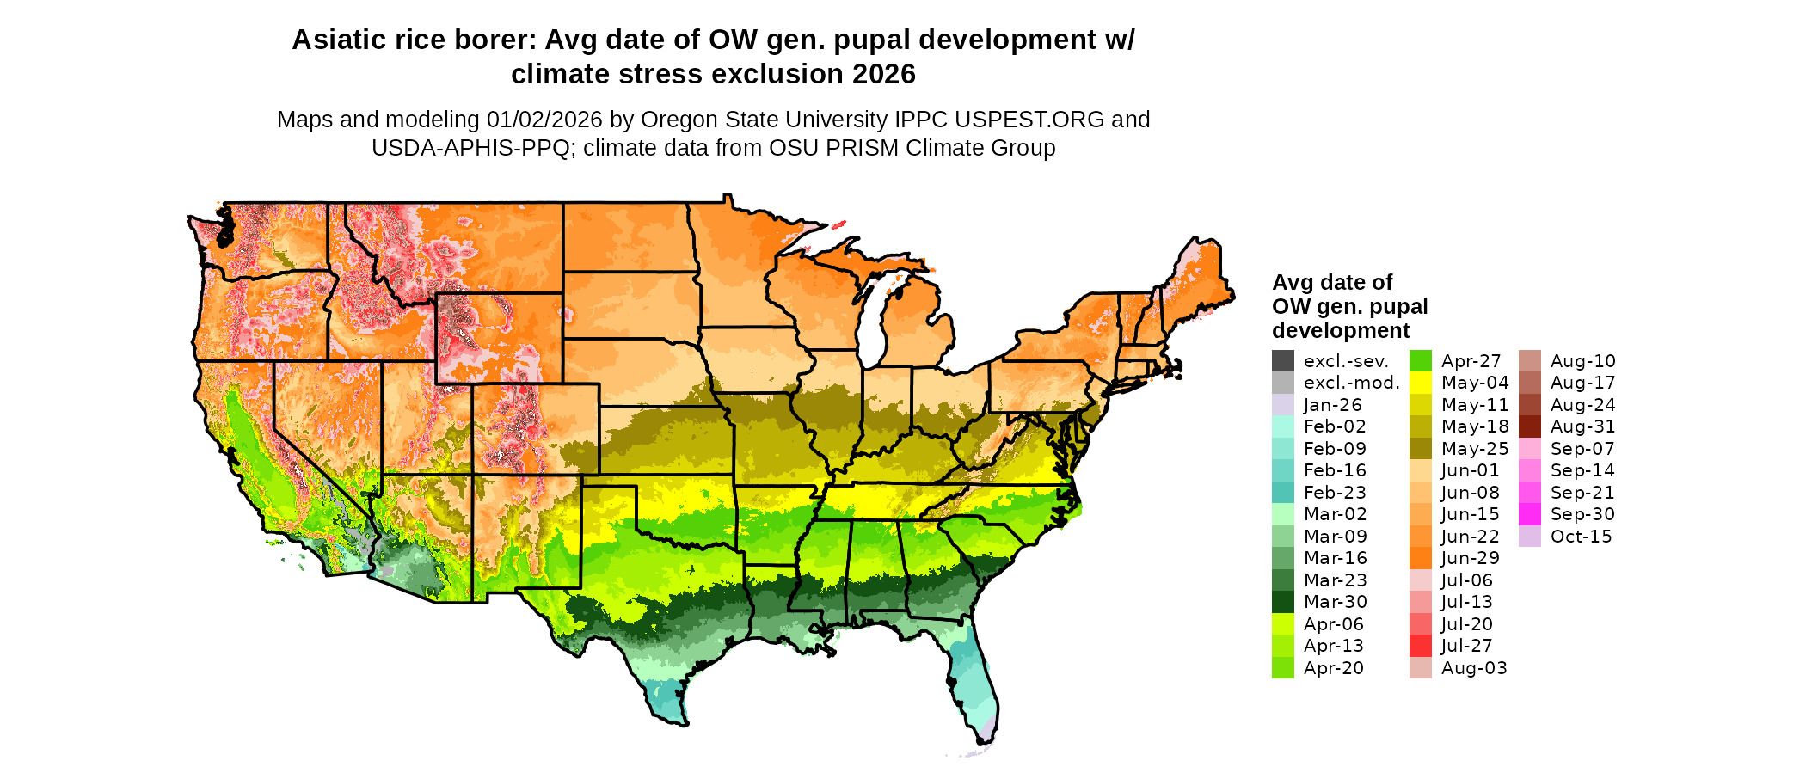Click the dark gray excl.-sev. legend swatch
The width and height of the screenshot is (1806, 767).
tap(1282, 361)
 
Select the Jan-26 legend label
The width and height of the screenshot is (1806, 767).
tap(1332, 405)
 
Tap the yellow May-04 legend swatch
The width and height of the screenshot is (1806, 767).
tap(1420, 383)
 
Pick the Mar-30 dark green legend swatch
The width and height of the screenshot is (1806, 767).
tap(1282, 602)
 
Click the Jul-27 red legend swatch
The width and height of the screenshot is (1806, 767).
tap(1420, 646)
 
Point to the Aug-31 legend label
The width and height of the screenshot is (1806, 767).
tap(1582, 426)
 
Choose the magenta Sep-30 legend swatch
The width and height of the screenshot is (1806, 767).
tap(1529, 514)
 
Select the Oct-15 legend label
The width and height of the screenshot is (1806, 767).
tap(1581, 537)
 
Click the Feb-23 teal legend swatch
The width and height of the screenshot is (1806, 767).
tap(1282, 493)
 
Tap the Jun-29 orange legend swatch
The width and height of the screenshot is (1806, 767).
tap(1420, 558)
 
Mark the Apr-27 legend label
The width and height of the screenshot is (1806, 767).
tap(1471, 361)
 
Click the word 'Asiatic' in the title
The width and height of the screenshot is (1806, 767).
tap(338, 40)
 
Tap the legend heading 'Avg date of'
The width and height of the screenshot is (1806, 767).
tap(1331, 283)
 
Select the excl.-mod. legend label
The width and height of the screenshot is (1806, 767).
tap(1351, 383)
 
